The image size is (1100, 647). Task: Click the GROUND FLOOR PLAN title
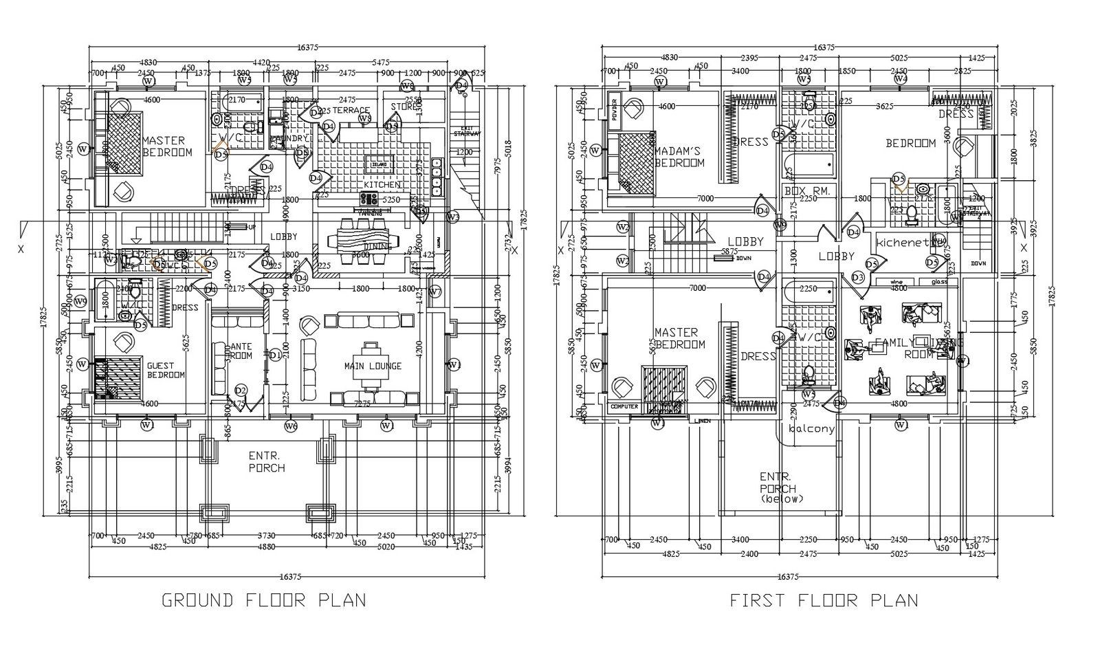click(263, 600)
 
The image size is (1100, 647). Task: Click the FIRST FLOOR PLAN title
click(824, 600)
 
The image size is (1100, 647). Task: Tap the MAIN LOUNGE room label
click(373, 366)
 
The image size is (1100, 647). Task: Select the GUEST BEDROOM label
click(166, 370)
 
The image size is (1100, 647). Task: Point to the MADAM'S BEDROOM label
click(679, 157)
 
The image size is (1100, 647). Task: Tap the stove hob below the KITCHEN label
click(368, 199)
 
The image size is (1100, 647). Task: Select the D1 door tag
click(275, 355)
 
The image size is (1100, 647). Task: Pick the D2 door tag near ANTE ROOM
click(241, 390)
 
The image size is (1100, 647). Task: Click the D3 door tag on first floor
click(857, 277)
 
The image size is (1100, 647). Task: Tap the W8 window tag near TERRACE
click(366, 119)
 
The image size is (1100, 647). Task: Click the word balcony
click(811, 428)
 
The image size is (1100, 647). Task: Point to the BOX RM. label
click(808, 190)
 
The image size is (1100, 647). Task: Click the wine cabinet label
click(896, 282)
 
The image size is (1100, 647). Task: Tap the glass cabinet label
click(939, 282)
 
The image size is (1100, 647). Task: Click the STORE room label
click(403, 107)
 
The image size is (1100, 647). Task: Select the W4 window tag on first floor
click(901, 80)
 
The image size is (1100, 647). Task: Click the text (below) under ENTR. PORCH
click(782, 499)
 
